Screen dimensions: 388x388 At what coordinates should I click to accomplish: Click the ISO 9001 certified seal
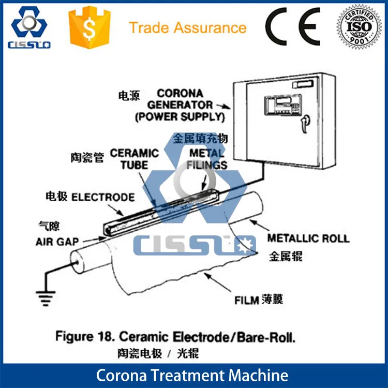tap(360, 25)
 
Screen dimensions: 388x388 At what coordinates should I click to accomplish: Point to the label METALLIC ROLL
tap(308, 238)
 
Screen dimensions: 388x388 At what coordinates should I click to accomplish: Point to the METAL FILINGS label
tap(207, 159)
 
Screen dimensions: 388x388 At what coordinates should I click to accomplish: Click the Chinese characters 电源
tap(129, 96)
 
